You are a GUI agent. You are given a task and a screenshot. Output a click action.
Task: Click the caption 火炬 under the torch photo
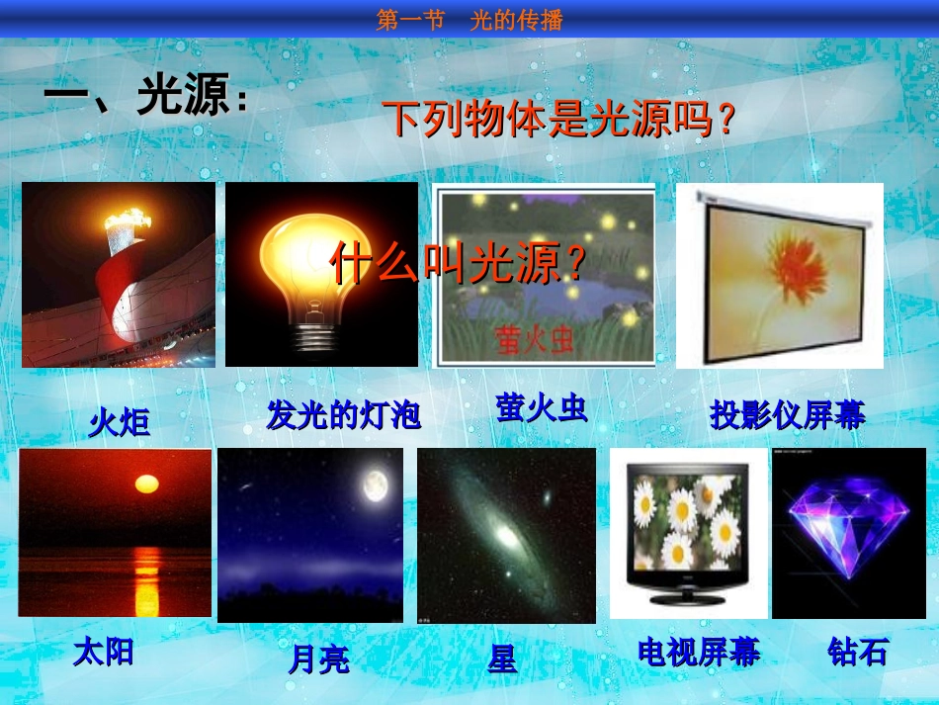pos(120,423)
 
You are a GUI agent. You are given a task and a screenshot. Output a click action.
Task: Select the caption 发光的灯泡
pos(343,415)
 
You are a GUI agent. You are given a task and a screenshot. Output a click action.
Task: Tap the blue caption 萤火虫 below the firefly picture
pos(541,407)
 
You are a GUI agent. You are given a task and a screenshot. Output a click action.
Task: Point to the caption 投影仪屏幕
pos(787,416)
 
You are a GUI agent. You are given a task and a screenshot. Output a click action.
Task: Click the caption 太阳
pos(103,653)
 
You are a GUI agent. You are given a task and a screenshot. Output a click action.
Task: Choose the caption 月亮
pos(318,659)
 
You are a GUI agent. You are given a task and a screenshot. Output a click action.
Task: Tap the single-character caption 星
pos(502,659)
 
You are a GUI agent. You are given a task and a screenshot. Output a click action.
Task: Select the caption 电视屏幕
pos(699,652)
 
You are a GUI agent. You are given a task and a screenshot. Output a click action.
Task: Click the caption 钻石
pos(857,652)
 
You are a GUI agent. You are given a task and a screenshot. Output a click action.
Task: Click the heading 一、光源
pos(144,99)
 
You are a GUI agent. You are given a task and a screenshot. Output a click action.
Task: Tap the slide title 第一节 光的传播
pos(469,20)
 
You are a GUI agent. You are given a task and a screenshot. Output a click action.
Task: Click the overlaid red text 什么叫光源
pos(458,264)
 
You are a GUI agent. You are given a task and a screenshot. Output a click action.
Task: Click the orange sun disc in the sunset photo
pos(146,484)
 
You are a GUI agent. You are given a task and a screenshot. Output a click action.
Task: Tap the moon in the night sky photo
pos(374,485)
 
